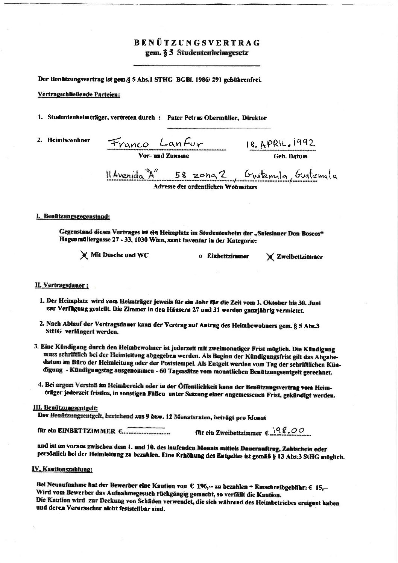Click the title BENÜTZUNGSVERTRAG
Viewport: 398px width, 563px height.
(197, 43)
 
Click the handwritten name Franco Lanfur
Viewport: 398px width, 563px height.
(155, 143)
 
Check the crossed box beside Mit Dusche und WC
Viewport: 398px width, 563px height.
(83, 255)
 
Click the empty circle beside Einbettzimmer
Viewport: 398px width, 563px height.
(201, 256)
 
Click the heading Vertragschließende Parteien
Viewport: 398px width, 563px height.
(79, 94)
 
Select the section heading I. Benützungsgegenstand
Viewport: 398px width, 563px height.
(73, 217)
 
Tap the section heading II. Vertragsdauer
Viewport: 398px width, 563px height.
(62, 285)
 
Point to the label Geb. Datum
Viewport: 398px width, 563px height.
(288, 156)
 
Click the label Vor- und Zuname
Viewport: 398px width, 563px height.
(164, 156)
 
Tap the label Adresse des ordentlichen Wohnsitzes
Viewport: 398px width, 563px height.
(205, 187)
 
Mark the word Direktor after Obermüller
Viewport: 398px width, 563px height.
(254, 118)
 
